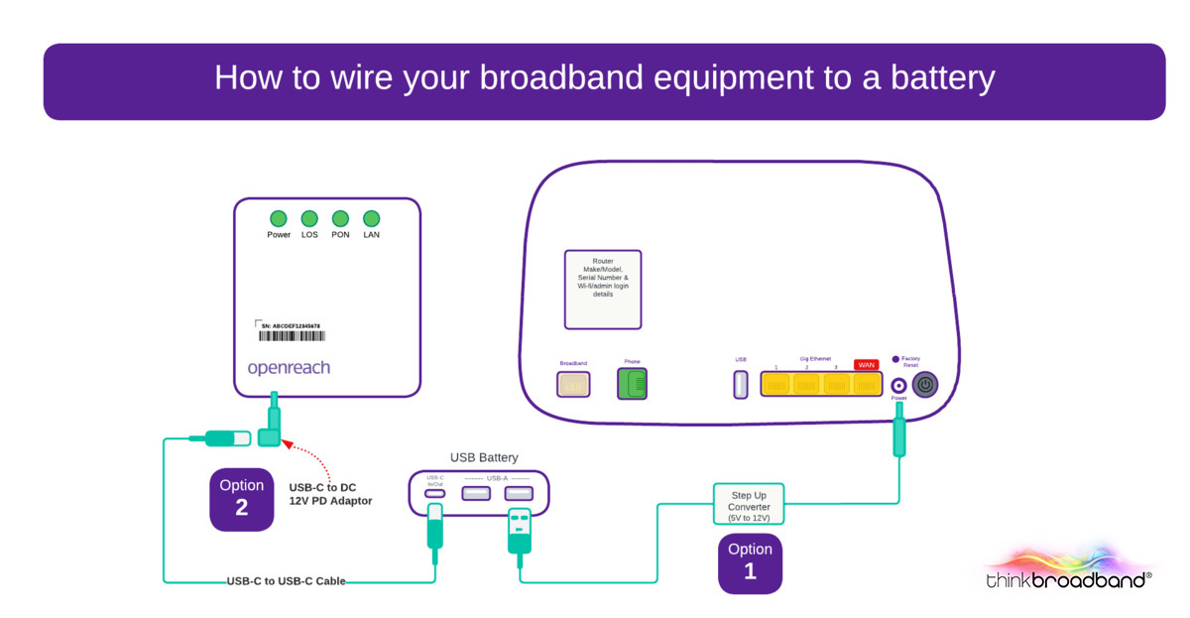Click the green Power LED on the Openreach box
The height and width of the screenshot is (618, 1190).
click(279, 218)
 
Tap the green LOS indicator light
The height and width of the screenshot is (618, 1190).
click(309, 218)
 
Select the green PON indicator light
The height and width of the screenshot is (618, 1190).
click(340, 218)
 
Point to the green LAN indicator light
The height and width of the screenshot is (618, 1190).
click(371, 218)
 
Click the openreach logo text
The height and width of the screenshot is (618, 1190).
click(289, 368)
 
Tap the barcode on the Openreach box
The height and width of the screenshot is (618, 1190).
click(289, 337)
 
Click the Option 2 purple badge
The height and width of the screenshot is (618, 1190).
click(242, 498)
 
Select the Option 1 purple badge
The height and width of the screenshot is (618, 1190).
click(750, 561)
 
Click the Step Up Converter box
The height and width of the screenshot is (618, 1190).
click(750, 506)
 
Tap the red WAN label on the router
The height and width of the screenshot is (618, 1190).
click(866, 364)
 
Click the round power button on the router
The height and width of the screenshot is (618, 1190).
click(925, 385)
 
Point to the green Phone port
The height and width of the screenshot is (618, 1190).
click(632, 384)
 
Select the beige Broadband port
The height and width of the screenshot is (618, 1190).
click(573, 384)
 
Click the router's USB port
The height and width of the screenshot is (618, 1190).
click(740, 385)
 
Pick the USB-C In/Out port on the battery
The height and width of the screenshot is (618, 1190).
click(434, 493)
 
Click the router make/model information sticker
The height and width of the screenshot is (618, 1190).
click(602, 289)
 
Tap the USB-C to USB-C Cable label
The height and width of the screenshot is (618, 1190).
click(286, 581)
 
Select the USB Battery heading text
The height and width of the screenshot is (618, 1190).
click(484, 457)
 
